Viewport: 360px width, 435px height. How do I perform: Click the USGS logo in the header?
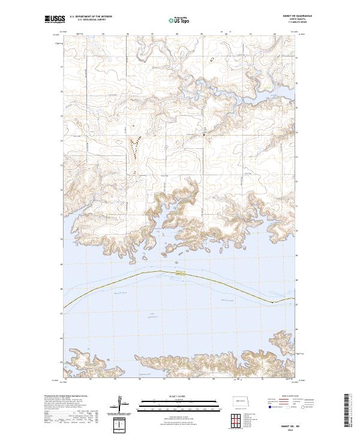tap(54, 19)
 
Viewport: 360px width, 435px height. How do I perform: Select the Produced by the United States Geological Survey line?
tap(63, 397)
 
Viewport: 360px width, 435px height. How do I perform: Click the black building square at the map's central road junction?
tap(203, 135)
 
